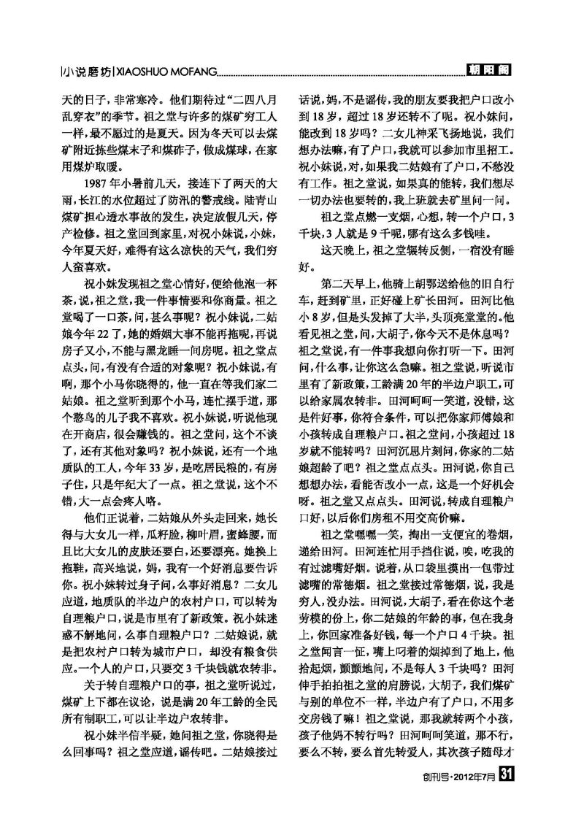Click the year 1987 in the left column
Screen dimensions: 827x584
99,181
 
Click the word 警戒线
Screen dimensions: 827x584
239,197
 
